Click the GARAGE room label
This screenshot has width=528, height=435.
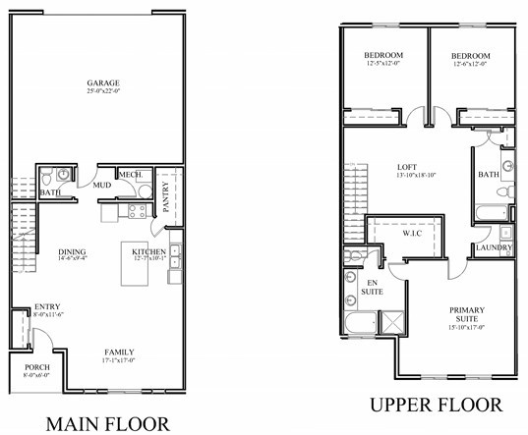(101, 82)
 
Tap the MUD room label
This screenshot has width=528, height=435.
(101, 184)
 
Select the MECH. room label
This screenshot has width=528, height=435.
(132, 176)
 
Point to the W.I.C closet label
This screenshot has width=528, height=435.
(413, 235)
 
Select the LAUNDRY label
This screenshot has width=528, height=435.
(492, 247)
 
